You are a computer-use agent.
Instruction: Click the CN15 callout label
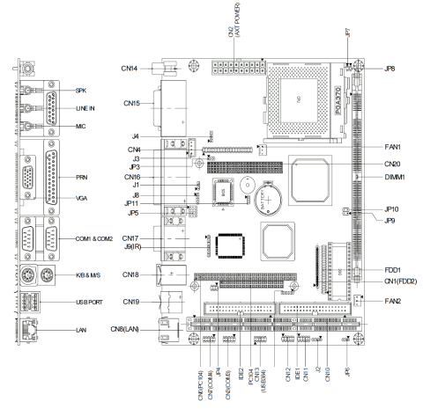point(132,105)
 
